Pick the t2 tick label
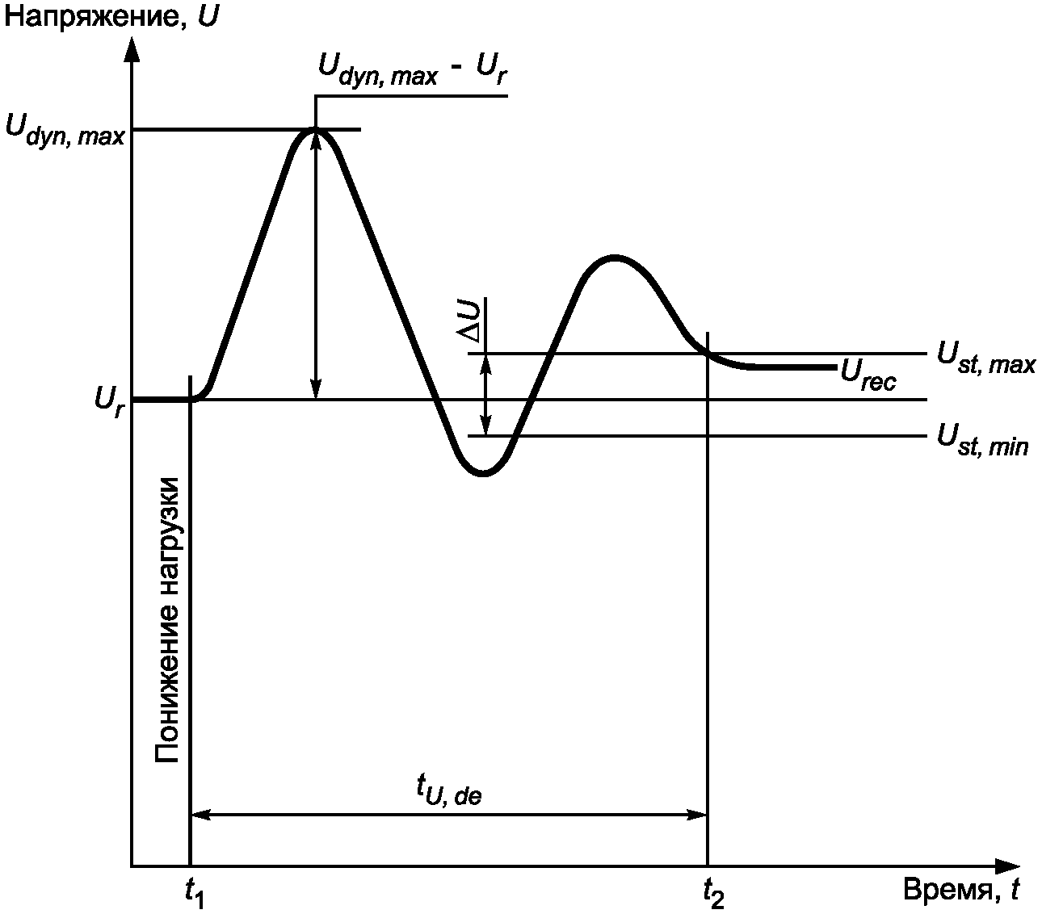712,891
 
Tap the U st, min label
982,440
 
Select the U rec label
868,374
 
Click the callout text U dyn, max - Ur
413,71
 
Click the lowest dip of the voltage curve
482,473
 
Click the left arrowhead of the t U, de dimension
200,815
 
